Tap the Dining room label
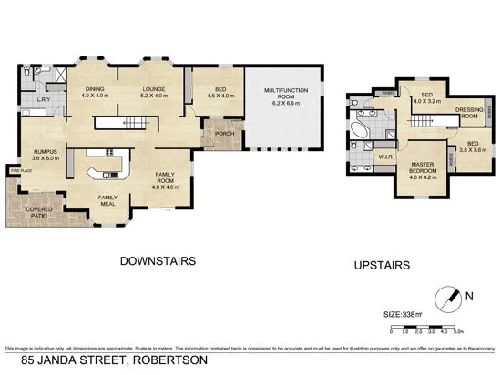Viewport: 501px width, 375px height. pyautogui.click(x=95, y=91)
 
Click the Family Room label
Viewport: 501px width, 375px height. pyautogui.click(x=166, y=177)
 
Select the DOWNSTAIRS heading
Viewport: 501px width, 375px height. pyautogui.click(x=158, y=260)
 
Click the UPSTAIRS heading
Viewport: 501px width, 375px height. pyautogui.click(x=378, y=266)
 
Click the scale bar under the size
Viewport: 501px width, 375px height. pyautogui.click(x=428, y=326)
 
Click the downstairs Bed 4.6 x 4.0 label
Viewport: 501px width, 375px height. pyautogui.click(x=217, y=91)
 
